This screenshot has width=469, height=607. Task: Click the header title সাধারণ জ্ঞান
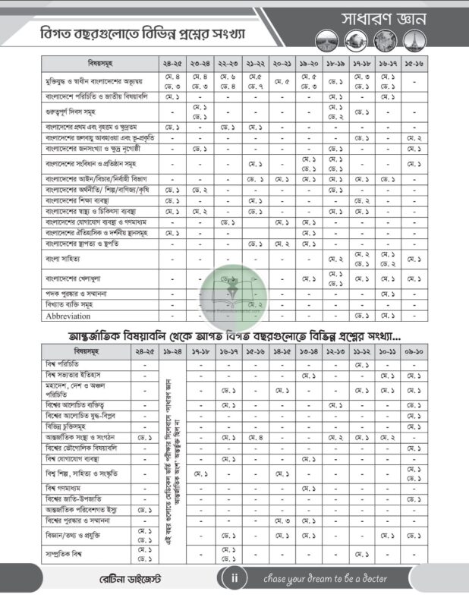click(386, 17)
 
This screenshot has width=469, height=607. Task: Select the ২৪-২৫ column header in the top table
click(172, 64)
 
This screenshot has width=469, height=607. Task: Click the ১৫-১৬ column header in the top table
click(414, 64)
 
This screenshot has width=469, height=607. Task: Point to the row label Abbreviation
click(68, 316)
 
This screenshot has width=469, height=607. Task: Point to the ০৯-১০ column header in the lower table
click(414, 353)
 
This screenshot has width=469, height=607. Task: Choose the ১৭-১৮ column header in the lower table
click(201, 353)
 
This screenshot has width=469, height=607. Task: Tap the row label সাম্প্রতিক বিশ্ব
click(71, 553)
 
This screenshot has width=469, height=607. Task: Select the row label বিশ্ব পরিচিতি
click(65, 365)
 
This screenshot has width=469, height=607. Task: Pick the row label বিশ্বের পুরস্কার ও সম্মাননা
click(83, 521)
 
